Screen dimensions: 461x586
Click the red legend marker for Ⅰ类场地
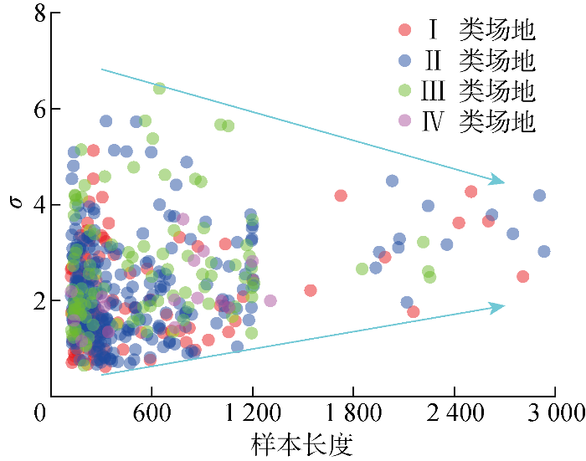405,30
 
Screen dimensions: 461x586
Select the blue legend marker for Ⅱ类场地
405,60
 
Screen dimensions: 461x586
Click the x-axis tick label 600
151,413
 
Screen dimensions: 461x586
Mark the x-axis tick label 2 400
454,413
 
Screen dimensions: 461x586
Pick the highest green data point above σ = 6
159,89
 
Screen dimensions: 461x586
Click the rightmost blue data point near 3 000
544,251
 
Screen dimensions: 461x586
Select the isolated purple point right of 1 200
270,300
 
